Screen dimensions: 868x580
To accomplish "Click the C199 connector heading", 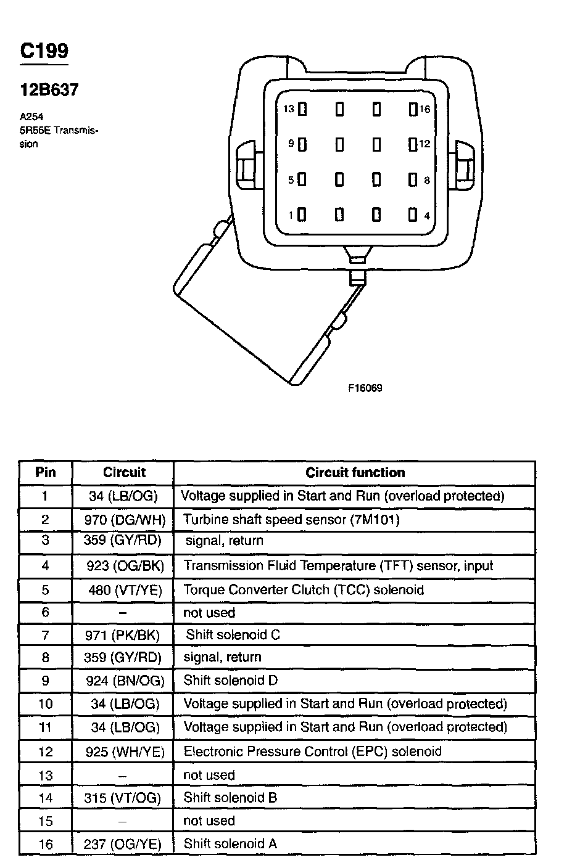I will [44, 51].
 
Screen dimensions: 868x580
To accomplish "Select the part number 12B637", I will [49, 90].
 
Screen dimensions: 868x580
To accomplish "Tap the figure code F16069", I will [365, 388].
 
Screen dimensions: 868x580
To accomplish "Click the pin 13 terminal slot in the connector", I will [302, 110].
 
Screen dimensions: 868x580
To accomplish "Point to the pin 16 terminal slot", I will [413, 110].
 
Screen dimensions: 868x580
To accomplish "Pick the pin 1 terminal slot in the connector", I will [302, 215].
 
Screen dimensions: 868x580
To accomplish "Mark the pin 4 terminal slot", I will [413, 215].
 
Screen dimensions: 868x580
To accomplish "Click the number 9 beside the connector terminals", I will [291, 144].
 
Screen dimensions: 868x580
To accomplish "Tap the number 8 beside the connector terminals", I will [427, 181].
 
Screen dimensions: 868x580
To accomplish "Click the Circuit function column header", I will [355, 473].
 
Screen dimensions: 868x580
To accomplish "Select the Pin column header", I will [46, 473].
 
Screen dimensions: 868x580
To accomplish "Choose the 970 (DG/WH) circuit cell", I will [125, 520].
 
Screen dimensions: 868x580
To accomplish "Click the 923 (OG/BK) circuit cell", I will [125, 566].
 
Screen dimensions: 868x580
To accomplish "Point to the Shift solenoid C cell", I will [233, 634].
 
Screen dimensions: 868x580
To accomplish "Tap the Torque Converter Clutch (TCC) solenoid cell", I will [304, 590].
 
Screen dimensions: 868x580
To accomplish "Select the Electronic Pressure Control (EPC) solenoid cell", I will [312, 751].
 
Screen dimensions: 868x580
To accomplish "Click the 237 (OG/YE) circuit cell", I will [123, 844].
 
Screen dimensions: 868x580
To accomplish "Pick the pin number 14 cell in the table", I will [46, 798].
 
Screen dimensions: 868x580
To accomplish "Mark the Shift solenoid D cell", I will [231, 681].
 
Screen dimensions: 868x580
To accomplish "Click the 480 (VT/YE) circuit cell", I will [125, 590].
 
